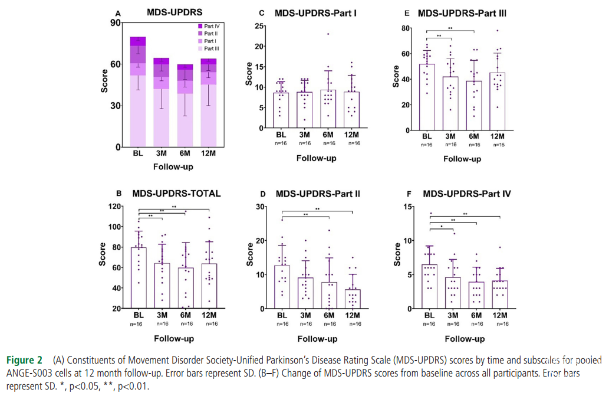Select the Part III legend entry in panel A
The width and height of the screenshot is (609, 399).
[212, 48]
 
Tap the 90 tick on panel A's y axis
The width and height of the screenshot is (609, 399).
[115, 23]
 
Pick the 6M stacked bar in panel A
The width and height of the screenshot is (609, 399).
[186, 106]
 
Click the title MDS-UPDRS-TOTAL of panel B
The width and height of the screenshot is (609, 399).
[177, 193]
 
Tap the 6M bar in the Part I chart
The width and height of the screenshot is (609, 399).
[328, 109]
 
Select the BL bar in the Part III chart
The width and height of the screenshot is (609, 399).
[427, 97]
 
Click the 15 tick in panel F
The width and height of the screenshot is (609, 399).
[406, 207]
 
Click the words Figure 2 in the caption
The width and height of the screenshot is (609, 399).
[24, 359]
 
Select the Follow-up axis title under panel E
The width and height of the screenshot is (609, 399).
[462, 159]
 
